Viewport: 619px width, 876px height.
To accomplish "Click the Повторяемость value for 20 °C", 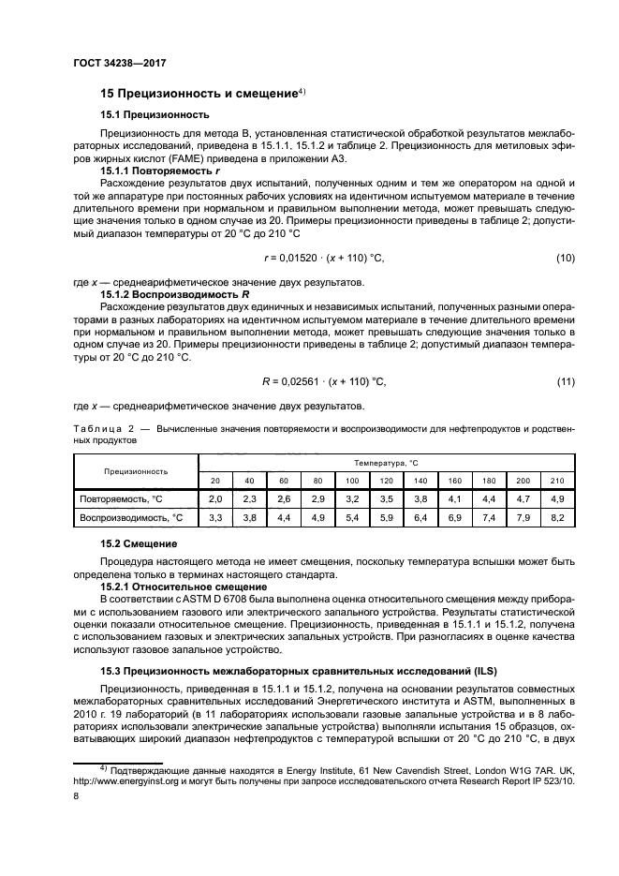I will [x=215, y=499].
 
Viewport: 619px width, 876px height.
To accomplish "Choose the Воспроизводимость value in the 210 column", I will [x=558, y=517].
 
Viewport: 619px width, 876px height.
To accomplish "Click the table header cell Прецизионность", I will [x=136, y=471].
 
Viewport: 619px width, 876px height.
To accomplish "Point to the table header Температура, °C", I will [x=386, y=464].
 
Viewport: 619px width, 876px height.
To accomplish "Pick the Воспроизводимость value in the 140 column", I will [x=421, y=517].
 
